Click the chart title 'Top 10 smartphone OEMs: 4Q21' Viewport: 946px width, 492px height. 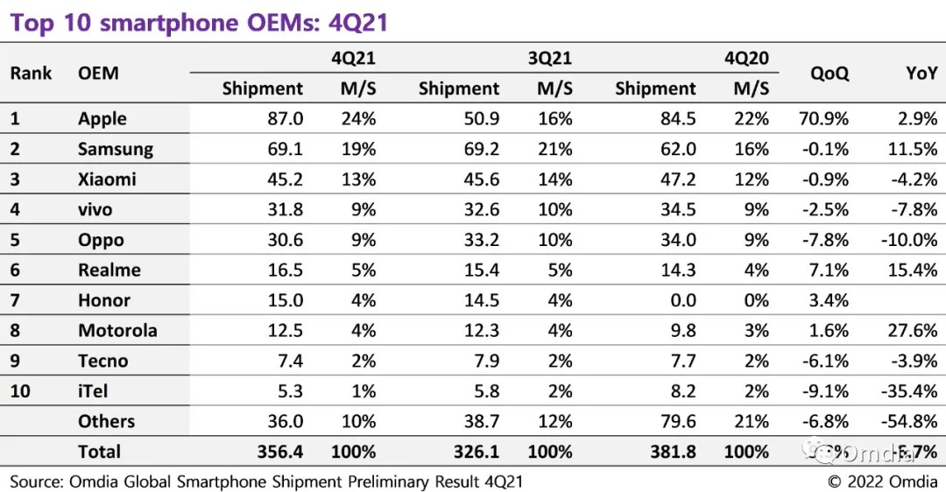(x=199, y=23)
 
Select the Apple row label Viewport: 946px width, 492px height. (x=102, y=119)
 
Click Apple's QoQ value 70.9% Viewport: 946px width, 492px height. (x=823, y=119)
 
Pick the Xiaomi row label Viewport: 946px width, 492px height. (x=107, y=179)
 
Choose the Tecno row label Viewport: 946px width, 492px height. (x=102, y=361)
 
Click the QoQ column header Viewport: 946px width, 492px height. (x=830, y=74)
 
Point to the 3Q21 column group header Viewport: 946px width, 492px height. (x=550, y=59)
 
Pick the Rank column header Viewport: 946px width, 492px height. (x=32, y=73)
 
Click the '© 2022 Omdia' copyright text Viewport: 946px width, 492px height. (x=883, y=481)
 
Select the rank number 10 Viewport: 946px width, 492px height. (x=20, y=390)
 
